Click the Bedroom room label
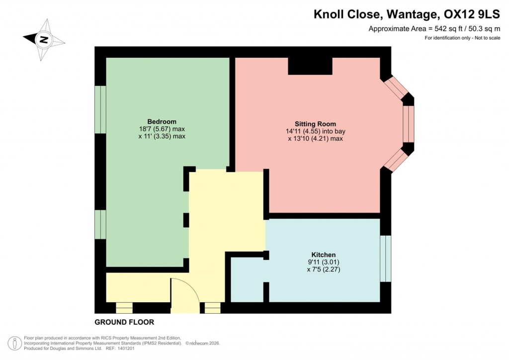162,122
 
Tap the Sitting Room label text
315,124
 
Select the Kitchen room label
323,255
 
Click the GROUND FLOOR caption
124,322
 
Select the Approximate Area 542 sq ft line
433,29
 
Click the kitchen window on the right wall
386,259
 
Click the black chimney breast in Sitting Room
310,66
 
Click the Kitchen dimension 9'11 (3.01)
323,262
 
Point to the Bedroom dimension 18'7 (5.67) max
162,129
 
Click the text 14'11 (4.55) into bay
315,131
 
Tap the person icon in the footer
15,343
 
